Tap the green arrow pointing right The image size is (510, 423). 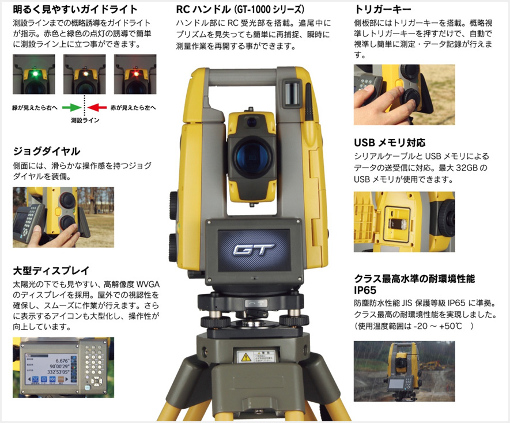click(71, 107)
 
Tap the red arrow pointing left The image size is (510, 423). click(99, 107)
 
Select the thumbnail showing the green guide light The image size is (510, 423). click(34, 74)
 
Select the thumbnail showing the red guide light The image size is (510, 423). click(135, 74)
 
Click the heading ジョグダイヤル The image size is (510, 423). click(46, 152)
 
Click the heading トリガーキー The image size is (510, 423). click(383, 10)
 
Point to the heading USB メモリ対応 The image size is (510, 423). click(390, 142)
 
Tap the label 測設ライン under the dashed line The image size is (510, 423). click(85, 121)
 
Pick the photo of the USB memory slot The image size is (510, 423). click(404, 221)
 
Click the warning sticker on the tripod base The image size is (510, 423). click(254, 356)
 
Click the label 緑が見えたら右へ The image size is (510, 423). click(34, 108)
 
